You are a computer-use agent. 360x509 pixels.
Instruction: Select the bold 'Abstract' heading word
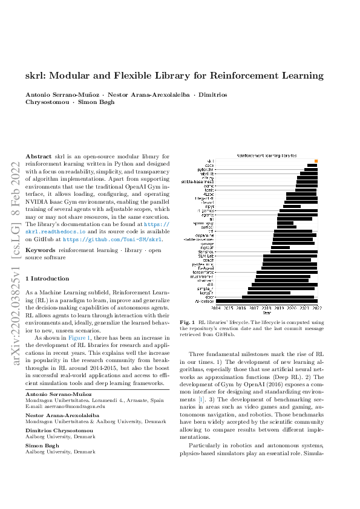pyautogui.click(x=38, y=156)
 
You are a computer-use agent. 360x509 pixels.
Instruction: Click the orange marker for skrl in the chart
pyautogui.click(x=316, y=161)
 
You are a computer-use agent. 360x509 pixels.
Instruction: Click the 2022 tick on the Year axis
pyautogui.click(x=316, y=307)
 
